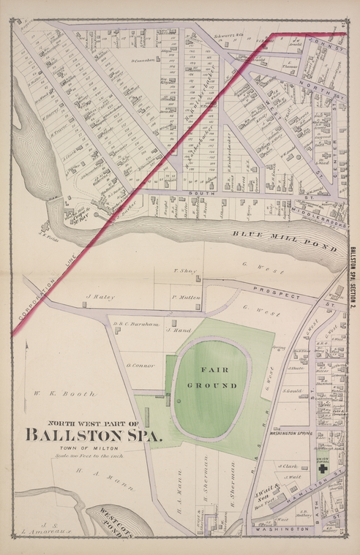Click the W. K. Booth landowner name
click(64, 394)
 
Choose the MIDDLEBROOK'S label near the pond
click(309, 218)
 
